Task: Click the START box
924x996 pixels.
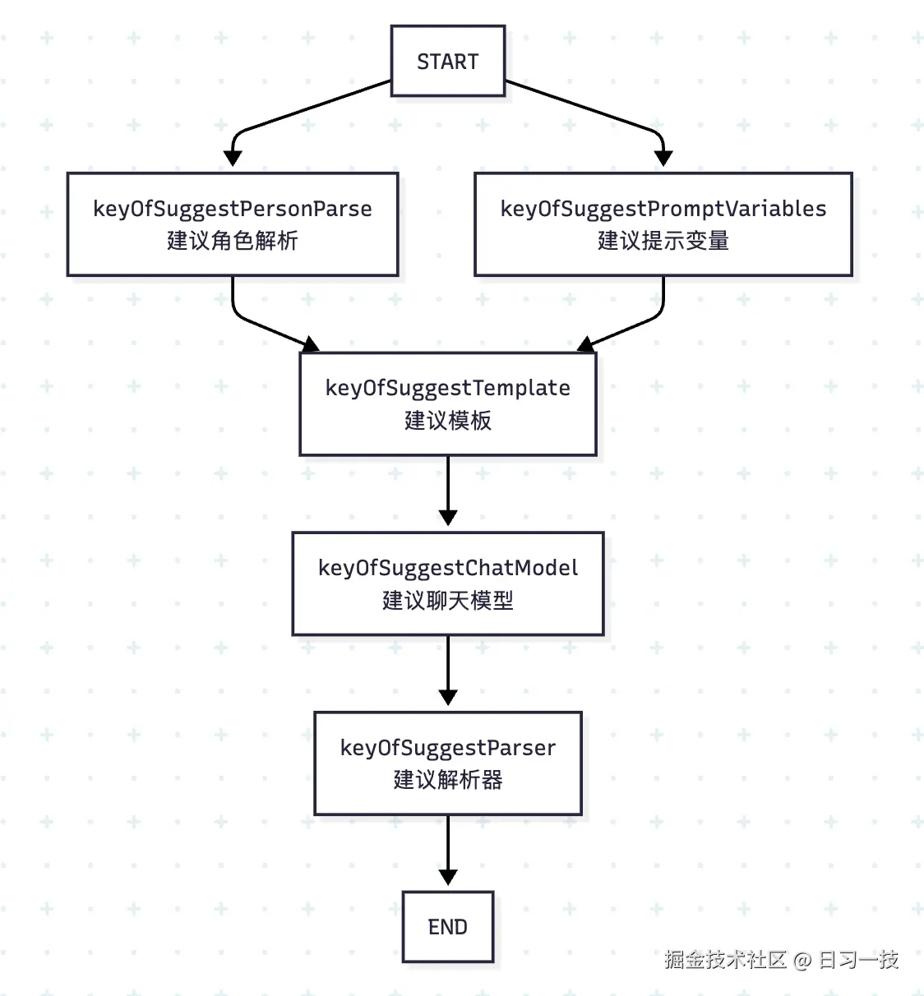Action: pos(447,62)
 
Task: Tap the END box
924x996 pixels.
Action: pos(447,927)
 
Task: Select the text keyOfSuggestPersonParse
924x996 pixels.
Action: pos(232,209)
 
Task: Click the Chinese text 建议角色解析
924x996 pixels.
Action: pos(232,241)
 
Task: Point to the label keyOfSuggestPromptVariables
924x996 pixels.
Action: pos(663,209)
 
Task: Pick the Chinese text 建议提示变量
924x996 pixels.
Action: pos(663,241)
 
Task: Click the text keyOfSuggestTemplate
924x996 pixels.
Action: pos(447,388)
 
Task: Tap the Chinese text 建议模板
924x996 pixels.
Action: pos(447,421)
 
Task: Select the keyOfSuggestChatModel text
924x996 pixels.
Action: pos(447,568)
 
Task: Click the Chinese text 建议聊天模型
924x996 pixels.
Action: pos(447,601)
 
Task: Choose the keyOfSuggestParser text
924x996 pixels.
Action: pos(447,748)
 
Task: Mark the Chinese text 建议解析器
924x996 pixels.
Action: pos(447,780)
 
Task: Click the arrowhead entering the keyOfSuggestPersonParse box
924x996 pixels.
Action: pos(233,159)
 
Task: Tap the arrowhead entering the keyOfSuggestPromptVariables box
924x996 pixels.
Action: pos(663,159)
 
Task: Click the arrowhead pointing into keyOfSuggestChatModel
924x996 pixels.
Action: pos(447,518)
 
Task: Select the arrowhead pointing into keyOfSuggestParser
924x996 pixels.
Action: pos(447,698)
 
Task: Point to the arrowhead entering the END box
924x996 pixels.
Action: pos(447,877)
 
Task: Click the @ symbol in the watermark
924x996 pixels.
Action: pos(802,960)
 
